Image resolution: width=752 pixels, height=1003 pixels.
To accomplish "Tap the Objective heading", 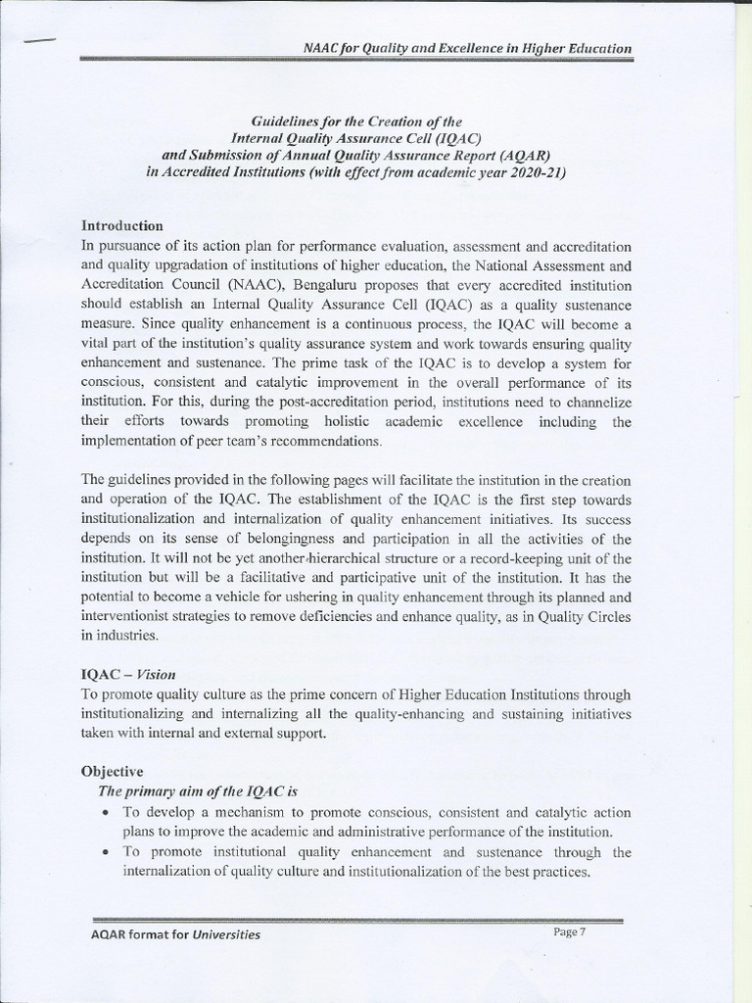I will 113,772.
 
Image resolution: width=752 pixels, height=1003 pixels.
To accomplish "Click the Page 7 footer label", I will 569,931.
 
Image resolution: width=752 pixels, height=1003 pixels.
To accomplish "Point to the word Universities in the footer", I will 225,934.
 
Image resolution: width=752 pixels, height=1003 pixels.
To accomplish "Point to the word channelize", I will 596,402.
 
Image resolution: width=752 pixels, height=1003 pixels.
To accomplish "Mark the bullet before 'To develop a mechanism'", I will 105,813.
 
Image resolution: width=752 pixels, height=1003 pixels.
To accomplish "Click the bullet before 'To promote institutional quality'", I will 105,853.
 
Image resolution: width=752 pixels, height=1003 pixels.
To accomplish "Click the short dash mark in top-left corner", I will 40,40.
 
